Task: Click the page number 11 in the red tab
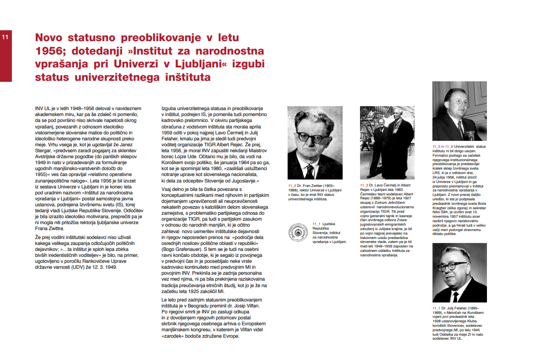[5, 37]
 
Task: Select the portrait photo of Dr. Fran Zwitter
[314, 142]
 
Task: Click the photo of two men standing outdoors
[387, 142]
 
